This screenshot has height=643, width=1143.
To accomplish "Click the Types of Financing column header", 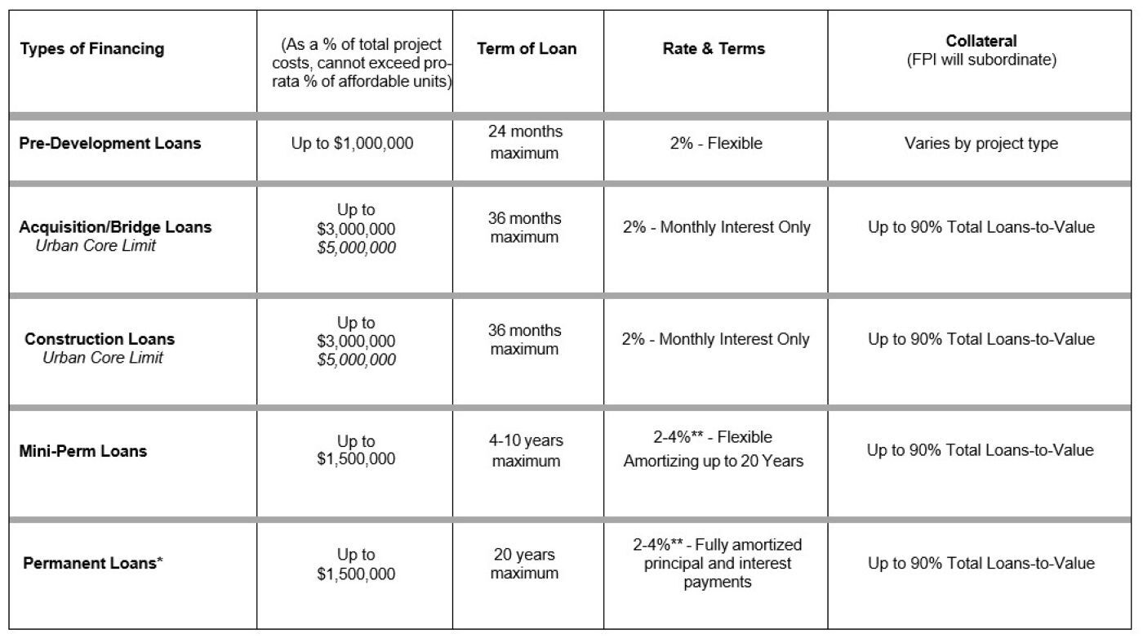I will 91,49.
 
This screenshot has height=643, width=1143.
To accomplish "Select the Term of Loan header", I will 527,49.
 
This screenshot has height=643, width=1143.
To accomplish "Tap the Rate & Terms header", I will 714,49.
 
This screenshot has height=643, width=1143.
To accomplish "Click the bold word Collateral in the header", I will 981,41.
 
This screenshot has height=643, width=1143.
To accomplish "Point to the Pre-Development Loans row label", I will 110,144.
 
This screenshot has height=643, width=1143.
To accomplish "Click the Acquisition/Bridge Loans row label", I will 115,227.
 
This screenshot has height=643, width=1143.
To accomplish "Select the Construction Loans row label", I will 100,339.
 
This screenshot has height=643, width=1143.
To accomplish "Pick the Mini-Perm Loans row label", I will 83,451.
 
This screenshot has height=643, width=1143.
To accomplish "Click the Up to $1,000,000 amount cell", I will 353,144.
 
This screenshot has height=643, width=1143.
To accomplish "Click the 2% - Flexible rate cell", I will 714,144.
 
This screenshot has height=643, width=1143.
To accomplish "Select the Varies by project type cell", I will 981,144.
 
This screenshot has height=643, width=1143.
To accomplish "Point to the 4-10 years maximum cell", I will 526,451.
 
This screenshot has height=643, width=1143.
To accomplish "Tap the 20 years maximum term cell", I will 525,564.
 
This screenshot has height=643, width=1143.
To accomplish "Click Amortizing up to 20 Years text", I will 714,462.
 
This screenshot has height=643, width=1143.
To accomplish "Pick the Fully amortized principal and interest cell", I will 718,564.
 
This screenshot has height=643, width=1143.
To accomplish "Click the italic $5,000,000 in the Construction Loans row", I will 356,360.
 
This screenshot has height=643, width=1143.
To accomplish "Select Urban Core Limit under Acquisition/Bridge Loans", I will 96,245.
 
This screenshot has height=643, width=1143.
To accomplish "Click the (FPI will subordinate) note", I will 981,60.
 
